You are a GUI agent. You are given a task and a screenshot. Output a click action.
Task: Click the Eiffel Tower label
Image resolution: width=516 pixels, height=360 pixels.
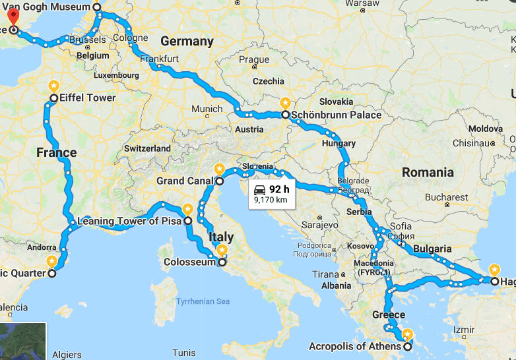click(88, 98)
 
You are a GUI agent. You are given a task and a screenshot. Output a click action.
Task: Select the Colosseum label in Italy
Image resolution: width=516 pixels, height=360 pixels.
click(189, 262)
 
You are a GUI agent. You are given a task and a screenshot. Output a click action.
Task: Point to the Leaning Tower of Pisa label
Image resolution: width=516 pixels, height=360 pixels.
click(129, 221)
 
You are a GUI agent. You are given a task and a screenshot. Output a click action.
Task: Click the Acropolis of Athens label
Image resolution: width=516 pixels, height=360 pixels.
click(354, 347)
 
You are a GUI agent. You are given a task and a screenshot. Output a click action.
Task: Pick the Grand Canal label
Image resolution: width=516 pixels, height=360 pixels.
click(184, 181)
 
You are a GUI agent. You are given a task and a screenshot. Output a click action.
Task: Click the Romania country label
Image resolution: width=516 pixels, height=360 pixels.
click(428, 173)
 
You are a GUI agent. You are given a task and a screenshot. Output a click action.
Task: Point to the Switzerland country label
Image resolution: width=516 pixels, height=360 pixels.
click(147, 148)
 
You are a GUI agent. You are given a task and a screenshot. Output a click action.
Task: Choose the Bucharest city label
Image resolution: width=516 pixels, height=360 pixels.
click(446, 197)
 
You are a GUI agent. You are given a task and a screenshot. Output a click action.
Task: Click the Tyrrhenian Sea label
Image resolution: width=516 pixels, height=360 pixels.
click(203, 301)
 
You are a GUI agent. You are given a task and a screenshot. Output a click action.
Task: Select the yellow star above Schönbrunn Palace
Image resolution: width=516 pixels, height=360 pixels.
click(285, 103)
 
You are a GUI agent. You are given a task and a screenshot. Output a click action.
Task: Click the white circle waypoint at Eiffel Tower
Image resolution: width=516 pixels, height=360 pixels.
click(53, 98)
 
